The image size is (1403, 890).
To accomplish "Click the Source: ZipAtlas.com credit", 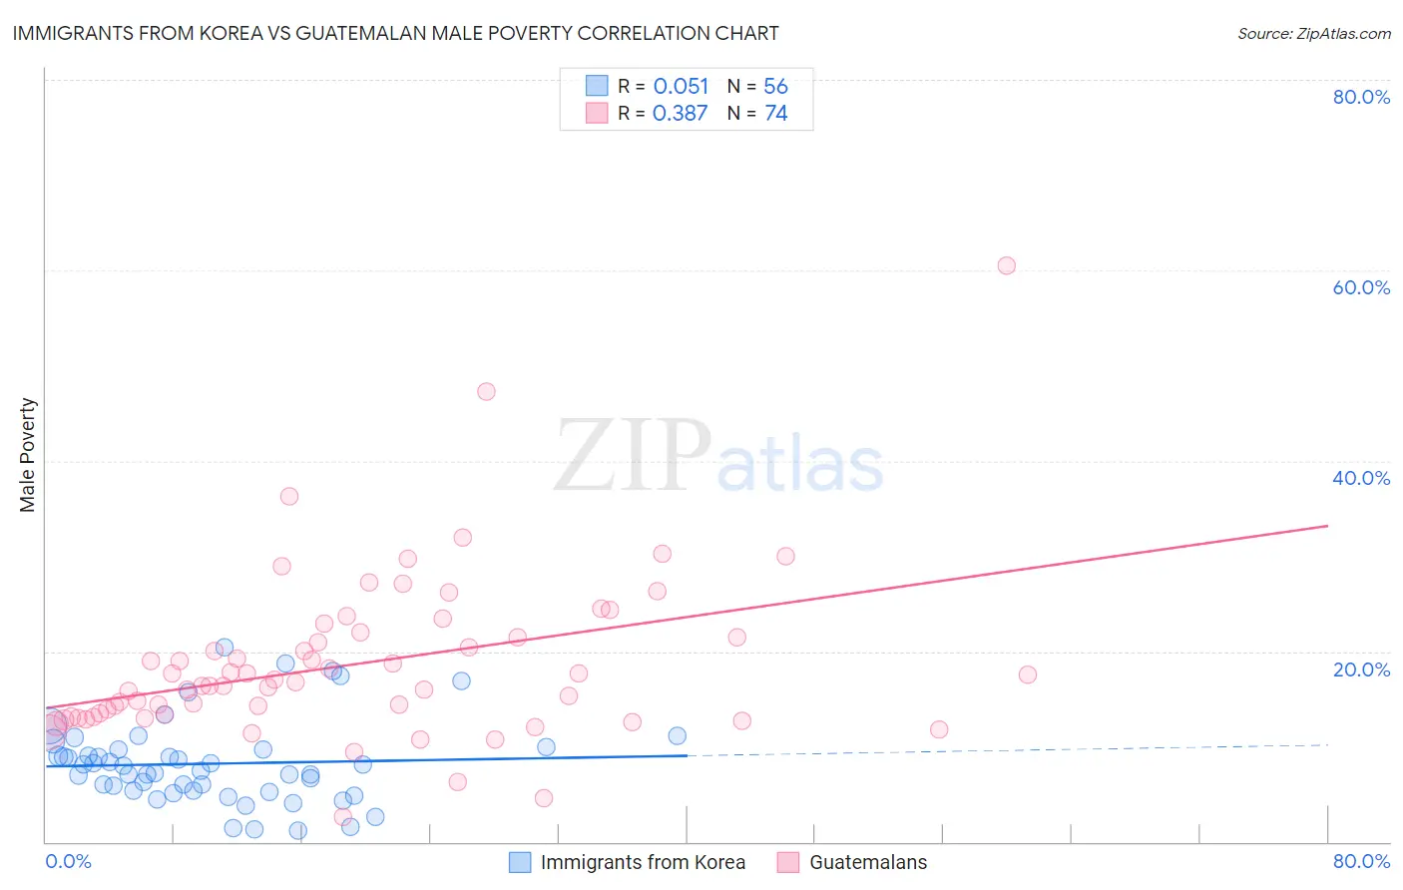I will pos(1313,33).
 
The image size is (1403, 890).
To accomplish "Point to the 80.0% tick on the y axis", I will pos(1361,97).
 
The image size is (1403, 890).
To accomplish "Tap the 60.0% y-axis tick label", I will pos(1361,287).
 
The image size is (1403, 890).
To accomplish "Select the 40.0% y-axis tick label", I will pos(1361,478).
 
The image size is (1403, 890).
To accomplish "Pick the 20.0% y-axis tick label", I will pos(1361,669).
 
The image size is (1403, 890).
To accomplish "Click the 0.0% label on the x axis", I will pos(68,861).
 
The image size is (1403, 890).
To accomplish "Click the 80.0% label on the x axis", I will pos(1361,861).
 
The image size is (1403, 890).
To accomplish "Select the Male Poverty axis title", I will pos(27,455).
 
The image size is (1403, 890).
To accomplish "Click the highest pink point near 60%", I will pos(1006,265).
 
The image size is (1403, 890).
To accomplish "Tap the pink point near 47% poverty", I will pos(486,391).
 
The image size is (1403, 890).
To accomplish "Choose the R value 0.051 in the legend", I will pos(681,87).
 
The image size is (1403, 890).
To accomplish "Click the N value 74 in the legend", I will pos(776,114).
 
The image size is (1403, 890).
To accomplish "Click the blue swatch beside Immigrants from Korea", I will pos(520,862).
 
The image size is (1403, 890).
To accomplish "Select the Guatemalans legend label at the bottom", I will pos(868,862).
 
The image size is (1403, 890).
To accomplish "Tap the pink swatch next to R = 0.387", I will pos(597,114).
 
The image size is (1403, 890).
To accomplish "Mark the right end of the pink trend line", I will pos(1327,525).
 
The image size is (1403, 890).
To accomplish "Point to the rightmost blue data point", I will pos(677,735).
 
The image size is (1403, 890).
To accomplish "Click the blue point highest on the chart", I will pos(225,648).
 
